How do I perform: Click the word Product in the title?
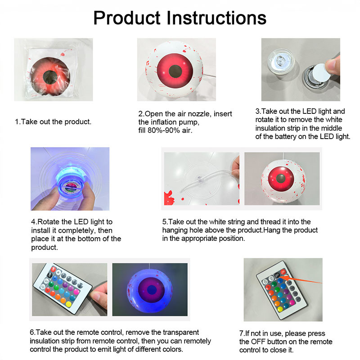pyautogui.click(x=127, y=18)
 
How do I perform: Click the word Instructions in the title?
pyautogui.click(x=216, y=18)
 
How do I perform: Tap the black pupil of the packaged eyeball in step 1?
pyautogui.click(x=50, y=77)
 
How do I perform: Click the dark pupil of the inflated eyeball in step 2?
pyautogui.click(x=175, y=71)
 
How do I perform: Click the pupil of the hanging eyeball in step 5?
pyautogui.click(x=281, y=178)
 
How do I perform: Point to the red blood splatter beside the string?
pyautogui.click(x=169, y=198)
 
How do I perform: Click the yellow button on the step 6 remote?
pyautogui.click(x=68, y=304)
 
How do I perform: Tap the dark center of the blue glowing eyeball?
pyautogui.click(x=152, y=290)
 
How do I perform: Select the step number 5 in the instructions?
pyautogui.click(x=164, y=222)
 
